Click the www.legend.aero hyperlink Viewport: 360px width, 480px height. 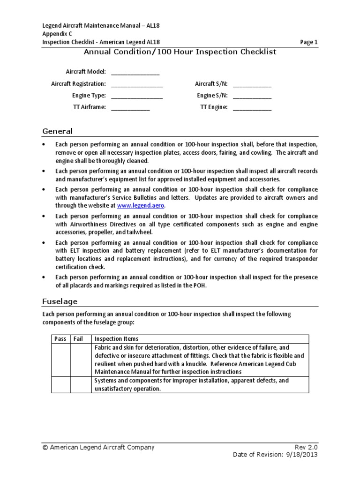coord(141,205)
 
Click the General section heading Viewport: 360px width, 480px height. coord(57,131)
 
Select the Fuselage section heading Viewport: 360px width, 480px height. coord(60,301)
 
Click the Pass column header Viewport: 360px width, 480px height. coord(60,339)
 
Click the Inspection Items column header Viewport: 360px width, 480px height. coord(116,339)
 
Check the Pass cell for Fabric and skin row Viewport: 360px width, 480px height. coord(60,360)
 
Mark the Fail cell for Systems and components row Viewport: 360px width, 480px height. coord(81,385)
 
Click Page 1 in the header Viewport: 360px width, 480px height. coord(309,42)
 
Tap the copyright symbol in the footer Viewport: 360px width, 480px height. coord(45,448)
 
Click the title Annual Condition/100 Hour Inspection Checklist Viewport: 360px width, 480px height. coord(180,52)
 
